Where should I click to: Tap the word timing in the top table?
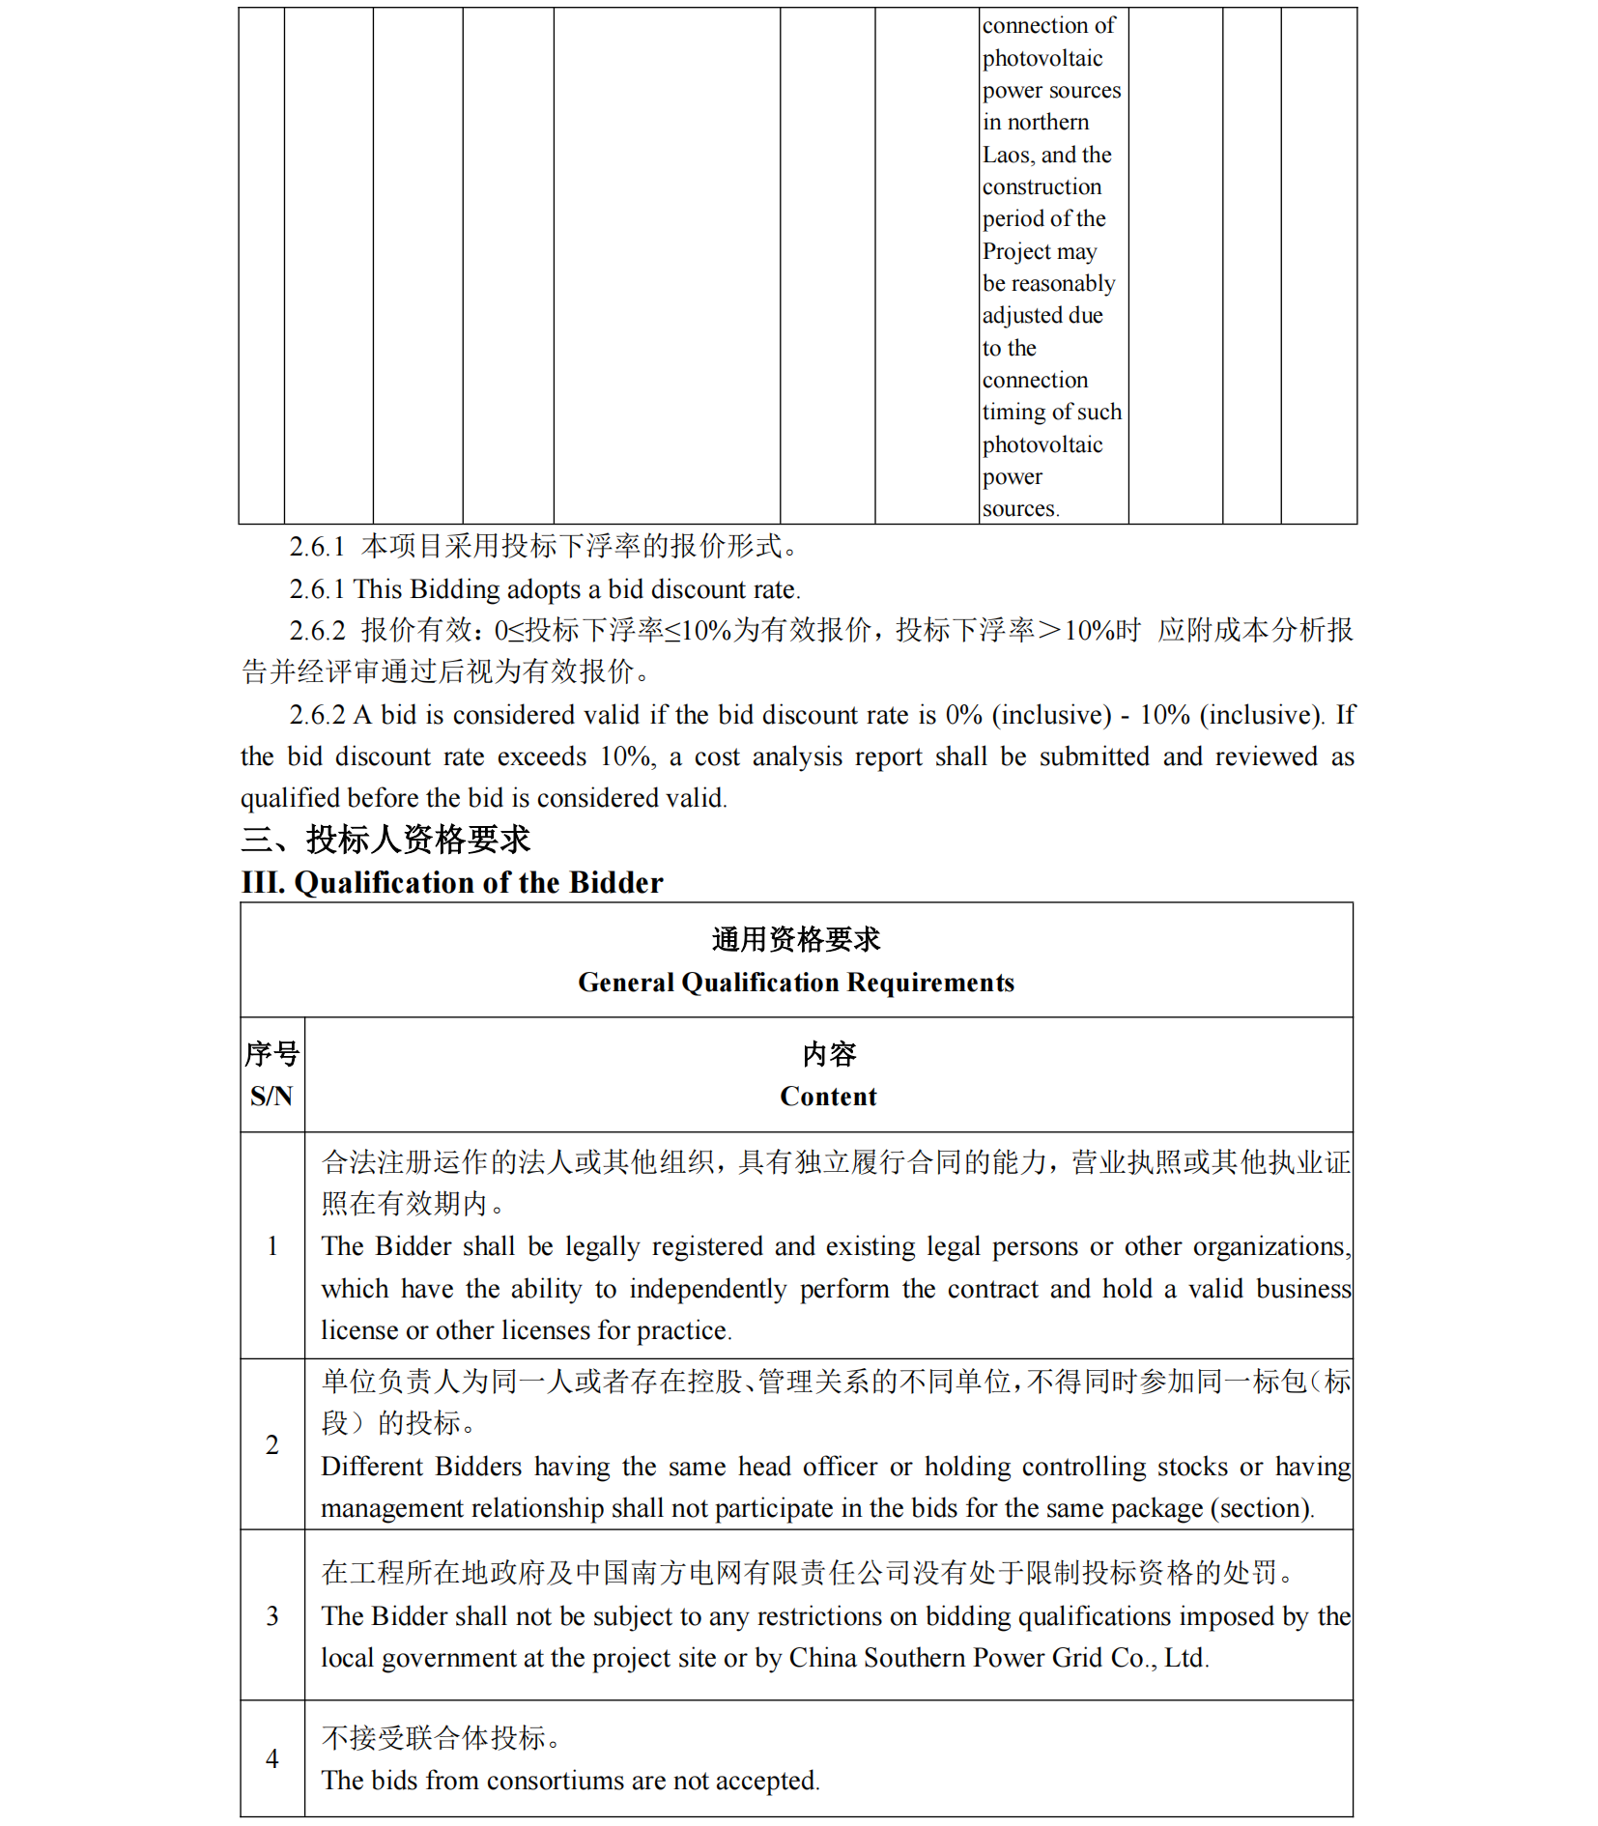(1013, 413)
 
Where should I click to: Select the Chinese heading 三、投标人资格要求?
(385, 840)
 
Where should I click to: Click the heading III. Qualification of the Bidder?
(452, 882)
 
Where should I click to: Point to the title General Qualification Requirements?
(796, 983)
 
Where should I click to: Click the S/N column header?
(271, 1097)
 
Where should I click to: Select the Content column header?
(828, 1097)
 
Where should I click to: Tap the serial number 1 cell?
(272, 1246)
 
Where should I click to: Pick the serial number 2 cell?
(272, 1444)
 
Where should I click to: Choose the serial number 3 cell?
(272, 1615)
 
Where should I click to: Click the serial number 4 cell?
(272, 1758)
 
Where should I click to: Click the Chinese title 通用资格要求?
(796, 939)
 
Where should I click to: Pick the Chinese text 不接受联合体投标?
(435, 1738)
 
